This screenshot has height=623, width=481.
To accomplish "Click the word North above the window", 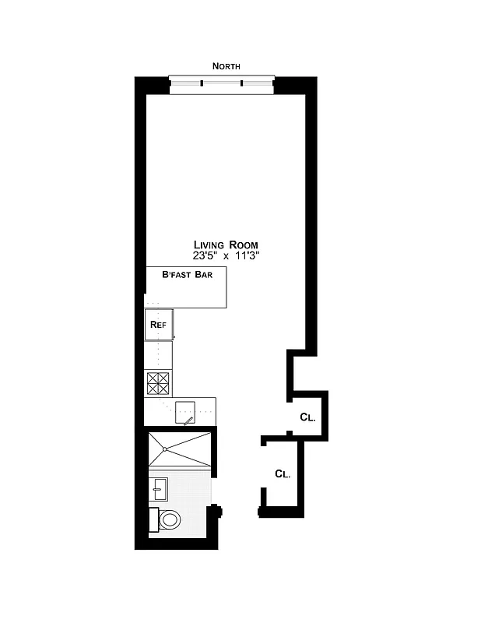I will click(x=226, y=67).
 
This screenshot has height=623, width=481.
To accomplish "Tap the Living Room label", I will click(x=226, y=245).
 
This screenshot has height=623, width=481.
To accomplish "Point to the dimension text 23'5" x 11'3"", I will click(x=226, y=255).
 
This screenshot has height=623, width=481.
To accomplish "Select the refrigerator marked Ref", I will click(x=158, y=324).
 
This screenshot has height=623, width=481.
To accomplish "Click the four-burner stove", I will click(x=158, y=383).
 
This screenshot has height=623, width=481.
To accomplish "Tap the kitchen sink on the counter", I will click(x=185, y=411).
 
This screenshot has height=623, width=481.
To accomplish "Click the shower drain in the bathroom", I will click(x=166, y=449).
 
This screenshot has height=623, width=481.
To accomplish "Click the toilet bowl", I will click(x=169, y=519).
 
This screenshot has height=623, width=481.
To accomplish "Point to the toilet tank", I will click(x=153, y=519).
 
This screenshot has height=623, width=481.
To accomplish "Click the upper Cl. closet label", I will click(x=307, y=417).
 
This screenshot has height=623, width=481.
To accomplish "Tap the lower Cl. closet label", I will click(x=283, y=473).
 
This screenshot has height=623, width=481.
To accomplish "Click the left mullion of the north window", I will click(x=202, y=83).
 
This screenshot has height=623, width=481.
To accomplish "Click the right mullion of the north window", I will click(x=241, y=83).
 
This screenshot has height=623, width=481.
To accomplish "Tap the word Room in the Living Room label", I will click(x=242, y=245).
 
